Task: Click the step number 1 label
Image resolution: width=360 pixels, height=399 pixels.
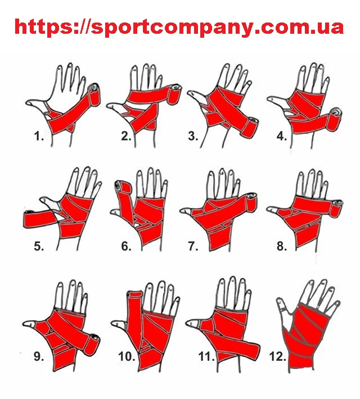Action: (39, 137)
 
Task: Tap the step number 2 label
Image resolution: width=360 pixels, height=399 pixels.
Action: (126, 137)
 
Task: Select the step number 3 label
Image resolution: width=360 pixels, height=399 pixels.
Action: (193, 136)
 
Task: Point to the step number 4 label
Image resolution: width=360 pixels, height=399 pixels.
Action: (282, 136)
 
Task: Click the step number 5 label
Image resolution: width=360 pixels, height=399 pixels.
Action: (39, 246)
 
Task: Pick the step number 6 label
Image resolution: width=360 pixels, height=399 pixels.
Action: (126, 246)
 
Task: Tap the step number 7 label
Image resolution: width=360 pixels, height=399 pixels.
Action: (193, 246)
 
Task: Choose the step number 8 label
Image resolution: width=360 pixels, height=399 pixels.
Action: (282, 246)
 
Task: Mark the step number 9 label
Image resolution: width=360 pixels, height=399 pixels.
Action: (39, 356)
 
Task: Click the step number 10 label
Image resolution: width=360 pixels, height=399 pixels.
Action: (127, 356)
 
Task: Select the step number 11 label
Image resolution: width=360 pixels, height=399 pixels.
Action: (206, 356)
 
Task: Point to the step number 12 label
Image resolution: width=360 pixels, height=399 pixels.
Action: (277, 356)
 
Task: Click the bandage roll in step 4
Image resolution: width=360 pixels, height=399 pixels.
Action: (335, 120)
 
